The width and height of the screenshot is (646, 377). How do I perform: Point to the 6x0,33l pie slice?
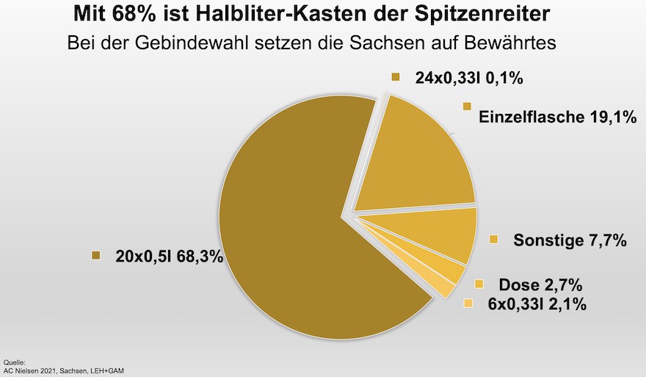[x=439, y=284]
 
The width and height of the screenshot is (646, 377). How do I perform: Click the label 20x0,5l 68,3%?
[x=169, y=257]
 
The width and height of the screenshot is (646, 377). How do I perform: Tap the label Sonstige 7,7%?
[x=570, y=240]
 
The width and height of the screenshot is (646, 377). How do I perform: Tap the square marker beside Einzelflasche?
[x=466, y=107]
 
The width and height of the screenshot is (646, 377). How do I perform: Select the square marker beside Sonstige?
[x=494, y=239]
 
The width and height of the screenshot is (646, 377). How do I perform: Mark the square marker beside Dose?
[x=479, y=284]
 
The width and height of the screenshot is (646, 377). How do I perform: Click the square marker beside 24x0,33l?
[x=396, y=76]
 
